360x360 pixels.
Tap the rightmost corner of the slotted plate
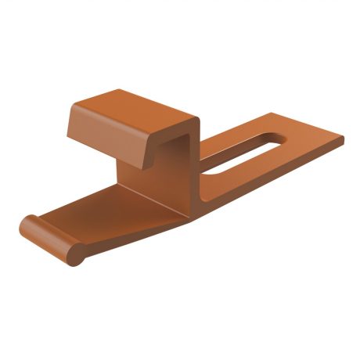pos(343,140)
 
